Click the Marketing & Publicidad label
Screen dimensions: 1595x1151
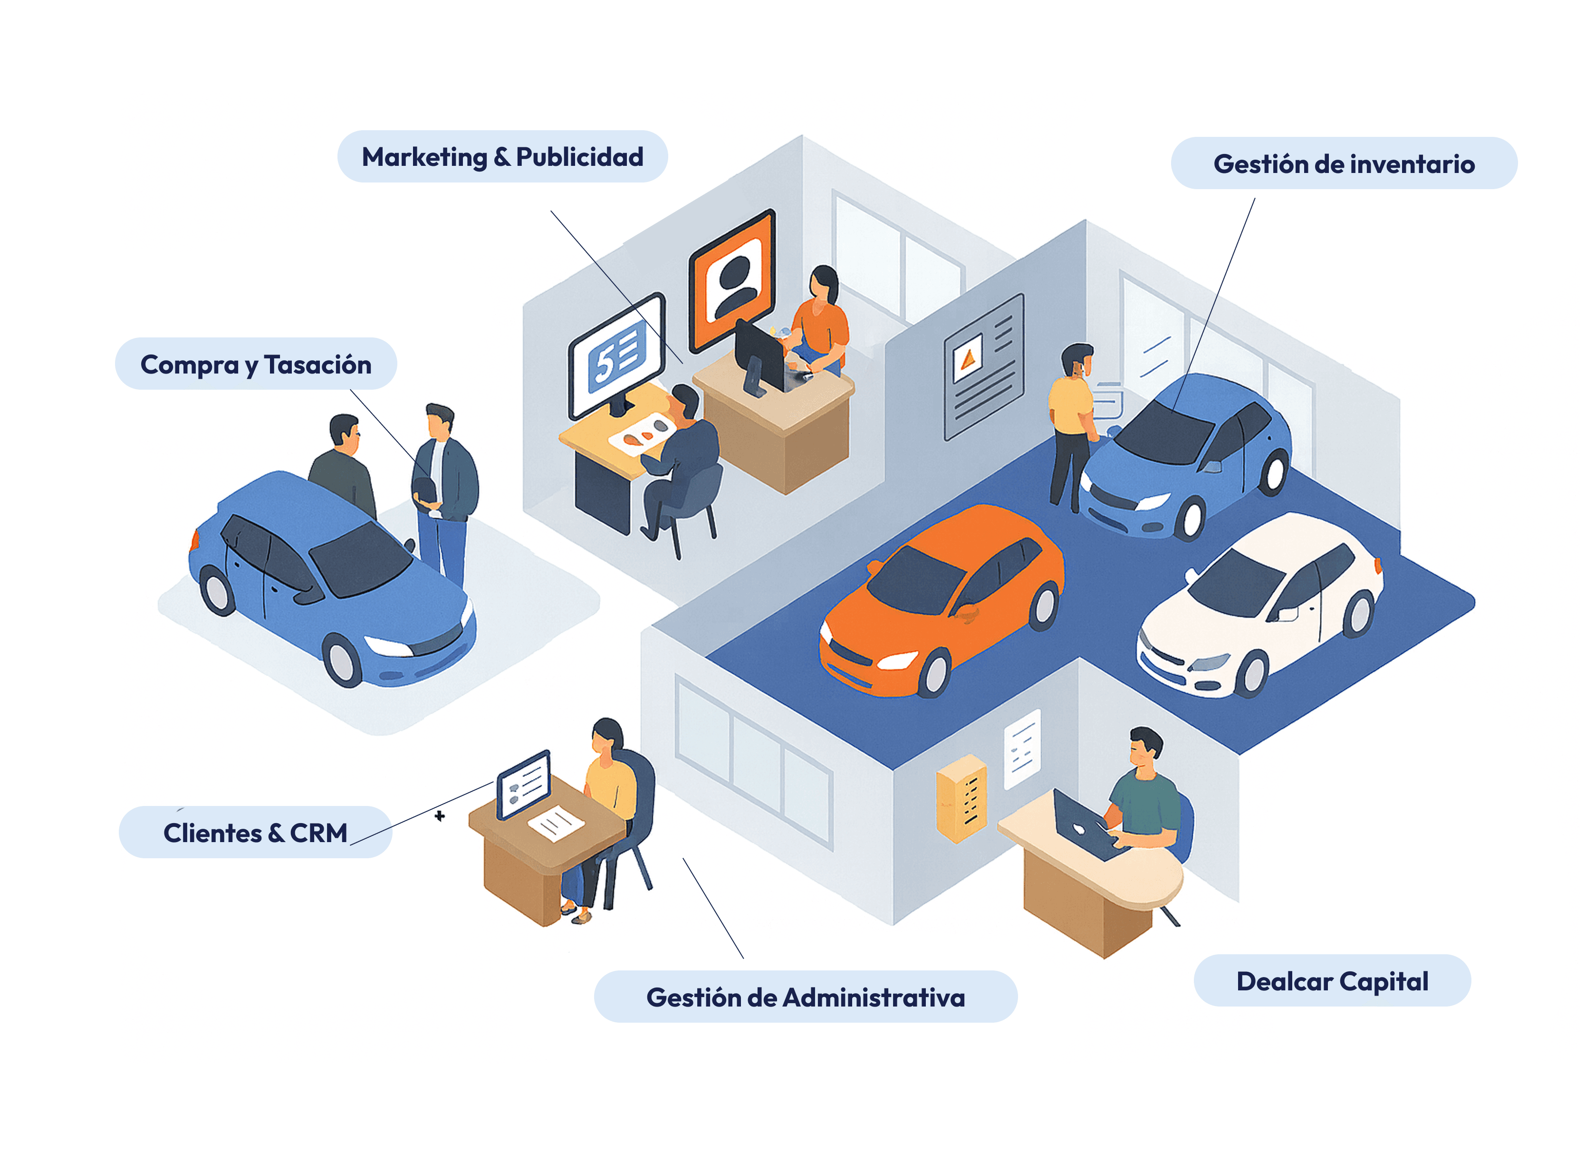pos(502,157)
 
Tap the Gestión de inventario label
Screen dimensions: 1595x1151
pos(1343,164)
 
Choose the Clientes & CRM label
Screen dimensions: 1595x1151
pos(255,833)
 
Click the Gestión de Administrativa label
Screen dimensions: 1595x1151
pos(805,997)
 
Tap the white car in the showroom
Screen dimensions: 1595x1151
pos(1259,604)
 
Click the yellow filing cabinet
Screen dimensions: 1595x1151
pos(962,798)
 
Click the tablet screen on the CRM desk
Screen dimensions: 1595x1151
pos(524,785)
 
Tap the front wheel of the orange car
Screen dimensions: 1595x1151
pos(935,671)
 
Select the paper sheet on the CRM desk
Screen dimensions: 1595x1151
pos(556,823)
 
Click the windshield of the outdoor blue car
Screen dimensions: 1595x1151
pos(361,559)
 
